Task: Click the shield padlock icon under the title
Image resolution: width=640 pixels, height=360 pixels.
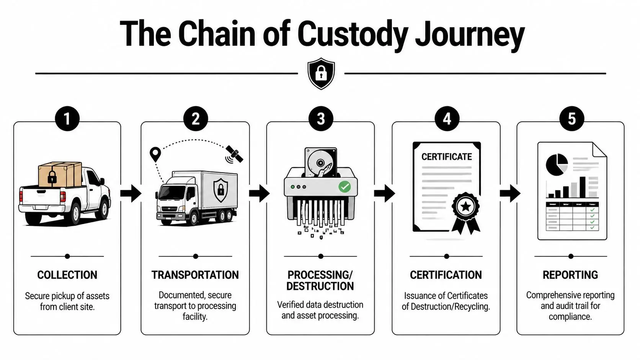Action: click(321, 73)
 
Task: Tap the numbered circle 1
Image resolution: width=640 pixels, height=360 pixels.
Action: click(67, 119)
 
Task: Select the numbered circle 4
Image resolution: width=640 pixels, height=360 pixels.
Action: click(446, 119)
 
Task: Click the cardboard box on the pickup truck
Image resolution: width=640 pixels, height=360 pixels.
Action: click(60, 174)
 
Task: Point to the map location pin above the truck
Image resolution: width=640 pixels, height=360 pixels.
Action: click(155, 154)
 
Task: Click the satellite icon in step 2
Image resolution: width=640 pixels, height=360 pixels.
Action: click(234, 154)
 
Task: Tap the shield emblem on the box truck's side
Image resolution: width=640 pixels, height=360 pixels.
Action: click(220, 190)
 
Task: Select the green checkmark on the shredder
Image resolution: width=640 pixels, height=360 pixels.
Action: click(344, 187)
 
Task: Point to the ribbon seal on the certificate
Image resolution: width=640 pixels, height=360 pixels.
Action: click(466, 209)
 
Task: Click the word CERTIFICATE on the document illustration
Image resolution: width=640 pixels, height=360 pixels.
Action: click(446, 157)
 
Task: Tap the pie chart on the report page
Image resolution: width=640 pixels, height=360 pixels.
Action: click(557, 165)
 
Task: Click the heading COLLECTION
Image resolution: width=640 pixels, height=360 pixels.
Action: click(67, 275)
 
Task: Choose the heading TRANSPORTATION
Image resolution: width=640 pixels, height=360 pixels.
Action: click(195, 275)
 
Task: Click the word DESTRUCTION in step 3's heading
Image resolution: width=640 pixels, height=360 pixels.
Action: click(320, 286)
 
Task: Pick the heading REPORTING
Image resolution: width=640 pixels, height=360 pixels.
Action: click(570, 275)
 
